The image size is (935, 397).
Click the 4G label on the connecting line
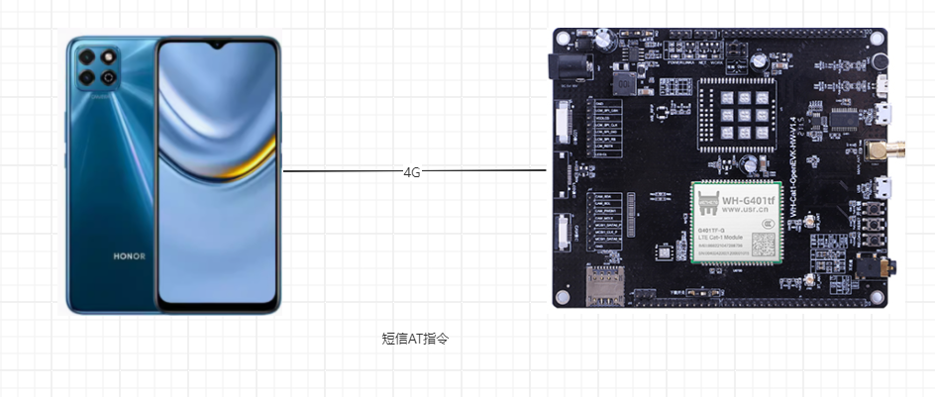tap(412, 171)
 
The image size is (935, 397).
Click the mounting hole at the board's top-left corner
tap(564, 41)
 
